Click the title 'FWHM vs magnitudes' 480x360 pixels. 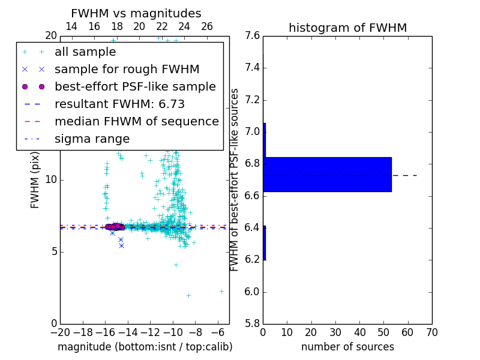point(136,13)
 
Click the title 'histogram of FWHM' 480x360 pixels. point(347,28)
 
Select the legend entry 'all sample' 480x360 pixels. point(85,52)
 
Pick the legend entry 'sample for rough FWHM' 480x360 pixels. point(127,69)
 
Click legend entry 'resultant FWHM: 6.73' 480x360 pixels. point(119,104)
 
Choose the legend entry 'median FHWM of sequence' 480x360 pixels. point(136,121)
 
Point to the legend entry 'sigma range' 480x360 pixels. point(92,139)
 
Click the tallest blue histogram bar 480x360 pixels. point(327,175)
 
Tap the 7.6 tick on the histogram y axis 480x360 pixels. point(253,36)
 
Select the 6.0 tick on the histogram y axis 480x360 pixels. point(253,292)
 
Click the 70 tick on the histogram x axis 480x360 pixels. point(432,332)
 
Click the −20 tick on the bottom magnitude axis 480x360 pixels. point(60,332)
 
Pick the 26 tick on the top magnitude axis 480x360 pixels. point(207,26)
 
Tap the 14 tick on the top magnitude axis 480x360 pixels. point(71,26)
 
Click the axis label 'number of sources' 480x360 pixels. point(347,347)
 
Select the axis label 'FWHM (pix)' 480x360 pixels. point(35,179)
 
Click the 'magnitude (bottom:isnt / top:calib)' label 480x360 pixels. point(145,347)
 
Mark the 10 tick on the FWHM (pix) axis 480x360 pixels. point(50,179)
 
